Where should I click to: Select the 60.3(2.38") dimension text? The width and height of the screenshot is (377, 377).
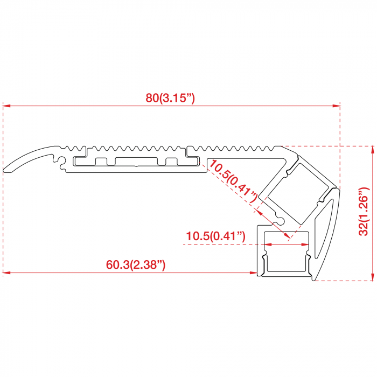point(135,264)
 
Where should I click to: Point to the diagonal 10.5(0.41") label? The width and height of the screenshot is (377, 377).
point(233,181)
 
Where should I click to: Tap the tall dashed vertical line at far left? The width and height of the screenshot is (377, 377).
point(3,188)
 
